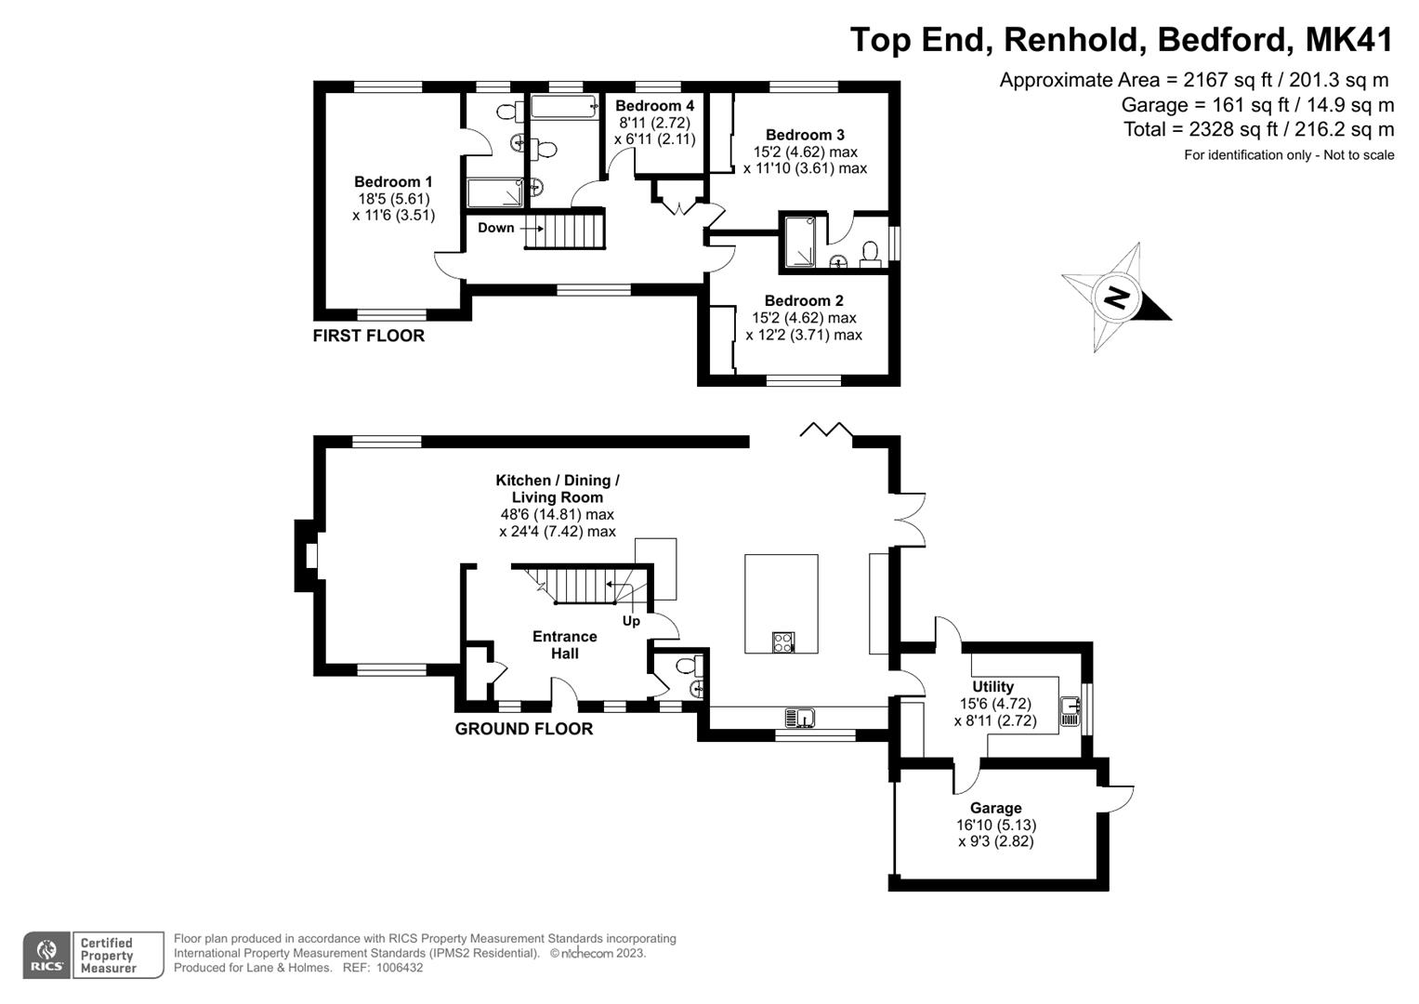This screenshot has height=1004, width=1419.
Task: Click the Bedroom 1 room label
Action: coord(393,182)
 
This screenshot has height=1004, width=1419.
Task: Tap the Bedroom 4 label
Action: coord(654,106)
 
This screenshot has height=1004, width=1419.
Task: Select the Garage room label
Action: coord(995,808)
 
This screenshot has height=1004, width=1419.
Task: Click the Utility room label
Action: coord(992,687)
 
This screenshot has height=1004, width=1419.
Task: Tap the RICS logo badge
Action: coord(46,956)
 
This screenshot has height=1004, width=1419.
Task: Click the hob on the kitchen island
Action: coord(783,641)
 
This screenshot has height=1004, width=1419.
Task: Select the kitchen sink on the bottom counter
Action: coord(799,718)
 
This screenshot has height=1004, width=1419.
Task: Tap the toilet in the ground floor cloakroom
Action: coord(686,666)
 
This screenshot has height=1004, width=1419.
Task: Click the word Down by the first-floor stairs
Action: coord(495,228)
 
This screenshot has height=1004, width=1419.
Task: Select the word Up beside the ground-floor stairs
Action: coord(631,621)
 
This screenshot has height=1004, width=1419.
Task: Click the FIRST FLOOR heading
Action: coord(368,336)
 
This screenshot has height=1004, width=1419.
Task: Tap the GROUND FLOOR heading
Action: coord(523,729)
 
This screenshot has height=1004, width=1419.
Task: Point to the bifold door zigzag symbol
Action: coord(826,429)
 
